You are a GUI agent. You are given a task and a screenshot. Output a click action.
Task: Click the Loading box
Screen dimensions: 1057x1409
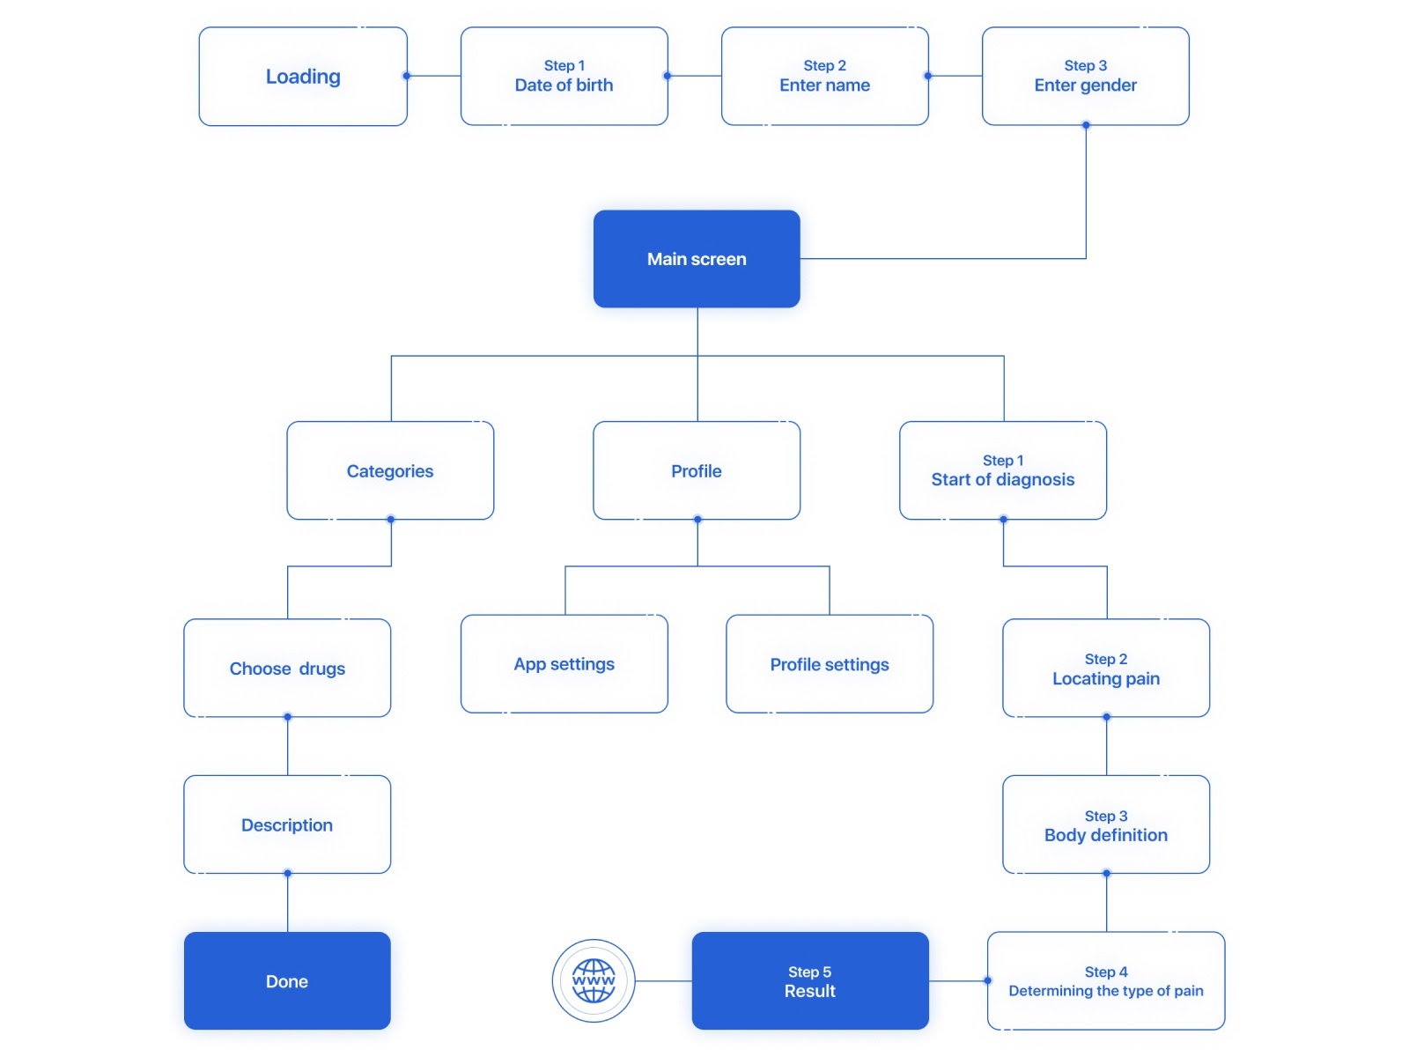click(x=303, y=77)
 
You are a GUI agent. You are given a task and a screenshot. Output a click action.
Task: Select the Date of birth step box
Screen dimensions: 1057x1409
click(x=564, y=77)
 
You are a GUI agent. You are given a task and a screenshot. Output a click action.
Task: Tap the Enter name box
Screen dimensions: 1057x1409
click(x=824, y=77)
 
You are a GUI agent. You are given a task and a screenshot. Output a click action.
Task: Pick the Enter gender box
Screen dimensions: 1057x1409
click(x=1085, y=77)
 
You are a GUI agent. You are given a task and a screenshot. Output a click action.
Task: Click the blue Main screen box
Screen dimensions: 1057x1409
click(x=697, y=259)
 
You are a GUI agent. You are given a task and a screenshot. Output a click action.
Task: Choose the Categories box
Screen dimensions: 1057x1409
click(x=390, y=470)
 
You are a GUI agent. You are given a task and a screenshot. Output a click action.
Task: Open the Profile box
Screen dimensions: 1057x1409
click(x=697, y=470)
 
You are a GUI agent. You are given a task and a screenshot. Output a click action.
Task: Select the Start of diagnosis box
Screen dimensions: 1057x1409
click(x=1002, y=470)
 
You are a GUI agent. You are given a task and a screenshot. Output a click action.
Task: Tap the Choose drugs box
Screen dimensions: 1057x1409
click(x=287, y=668)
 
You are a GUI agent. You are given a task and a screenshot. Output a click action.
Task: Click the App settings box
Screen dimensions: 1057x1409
click(x=564, y=664)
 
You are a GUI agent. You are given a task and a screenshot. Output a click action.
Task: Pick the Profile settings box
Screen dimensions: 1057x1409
click(x=829, y=664)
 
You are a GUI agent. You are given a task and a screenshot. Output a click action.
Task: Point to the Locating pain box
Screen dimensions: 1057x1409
click(x=1106, y=668)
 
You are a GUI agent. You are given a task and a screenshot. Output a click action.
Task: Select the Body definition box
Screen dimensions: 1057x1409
click(x=1106, y=824)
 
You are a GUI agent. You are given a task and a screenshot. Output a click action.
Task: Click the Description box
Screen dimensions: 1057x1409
click(x=287, y=824)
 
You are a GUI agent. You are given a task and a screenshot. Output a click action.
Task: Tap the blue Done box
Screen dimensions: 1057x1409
click(x=287, y=980)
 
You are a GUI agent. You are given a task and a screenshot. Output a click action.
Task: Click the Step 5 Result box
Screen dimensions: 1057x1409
click(x=809, y=980)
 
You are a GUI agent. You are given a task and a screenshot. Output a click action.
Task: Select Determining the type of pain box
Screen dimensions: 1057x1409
click(x=1106, y=980)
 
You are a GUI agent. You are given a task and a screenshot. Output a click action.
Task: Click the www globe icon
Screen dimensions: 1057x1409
click(x=594, y=980)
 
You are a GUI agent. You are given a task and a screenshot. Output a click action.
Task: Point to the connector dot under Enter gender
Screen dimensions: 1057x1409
click(x=1086, y=125)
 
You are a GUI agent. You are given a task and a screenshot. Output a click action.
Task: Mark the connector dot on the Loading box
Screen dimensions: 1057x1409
click(x=407, y=76)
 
